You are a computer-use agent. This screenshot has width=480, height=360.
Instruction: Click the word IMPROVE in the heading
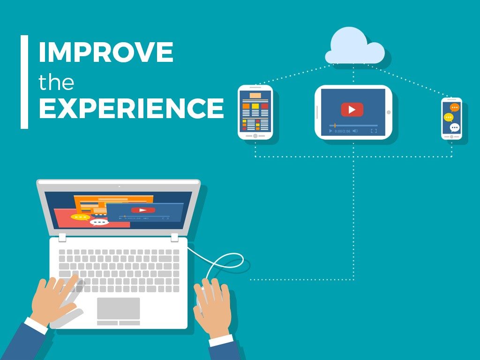pos(106,52)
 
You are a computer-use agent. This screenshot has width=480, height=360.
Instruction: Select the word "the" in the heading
pos(56,82)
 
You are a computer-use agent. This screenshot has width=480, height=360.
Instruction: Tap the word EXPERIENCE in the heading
pos(131,108)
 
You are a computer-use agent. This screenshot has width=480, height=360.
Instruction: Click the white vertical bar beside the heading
pos(24,82)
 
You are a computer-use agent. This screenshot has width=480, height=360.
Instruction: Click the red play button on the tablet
pos(352,110)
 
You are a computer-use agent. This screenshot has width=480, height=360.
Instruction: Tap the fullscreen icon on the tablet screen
pos(374,131)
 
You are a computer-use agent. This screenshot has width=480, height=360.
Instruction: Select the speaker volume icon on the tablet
pos(355,131)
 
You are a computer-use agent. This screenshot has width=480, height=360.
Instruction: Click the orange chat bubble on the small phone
pos(454,108)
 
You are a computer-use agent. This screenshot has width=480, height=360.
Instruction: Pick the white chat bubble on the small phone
pos(454,127)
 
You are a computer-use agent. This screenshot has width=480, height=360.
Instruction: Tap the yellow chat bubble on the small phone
pos(449,117)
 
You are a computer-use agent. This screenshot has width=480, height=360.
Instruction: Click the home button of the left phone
pos(255,135)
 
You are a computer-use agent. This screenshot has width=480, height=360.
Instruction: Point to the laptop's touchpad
pos(118,308)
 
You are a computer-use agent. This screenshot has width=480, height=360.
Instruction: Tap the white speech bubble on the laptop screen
pos(99,222)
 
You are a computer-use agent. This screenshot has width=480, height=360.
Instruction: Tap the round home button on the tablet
pos(388,112)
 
